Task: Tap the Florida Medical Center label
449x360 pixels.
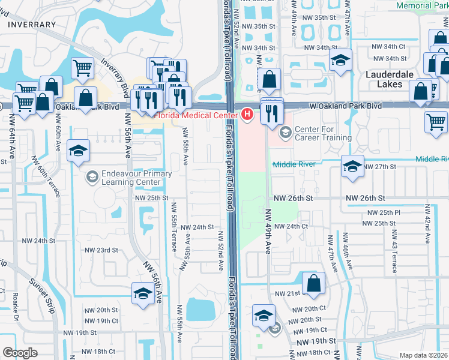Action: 197,115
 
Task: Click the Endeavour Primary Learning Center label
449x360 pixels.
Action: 137,178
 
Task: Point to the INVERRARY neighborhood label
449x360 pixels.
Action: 32,25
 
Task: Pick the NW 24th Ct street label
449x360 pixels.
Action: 291,226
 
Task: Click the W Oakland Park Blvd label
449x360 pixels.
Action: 346,106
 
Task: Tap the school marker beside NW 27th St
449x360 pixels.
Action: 352,166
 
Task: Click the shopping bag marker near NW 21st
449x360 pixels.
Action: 313,284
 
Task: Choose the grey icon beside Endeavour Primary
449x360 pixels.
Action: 92,176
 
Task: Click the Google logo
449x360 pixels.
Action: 20,353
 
